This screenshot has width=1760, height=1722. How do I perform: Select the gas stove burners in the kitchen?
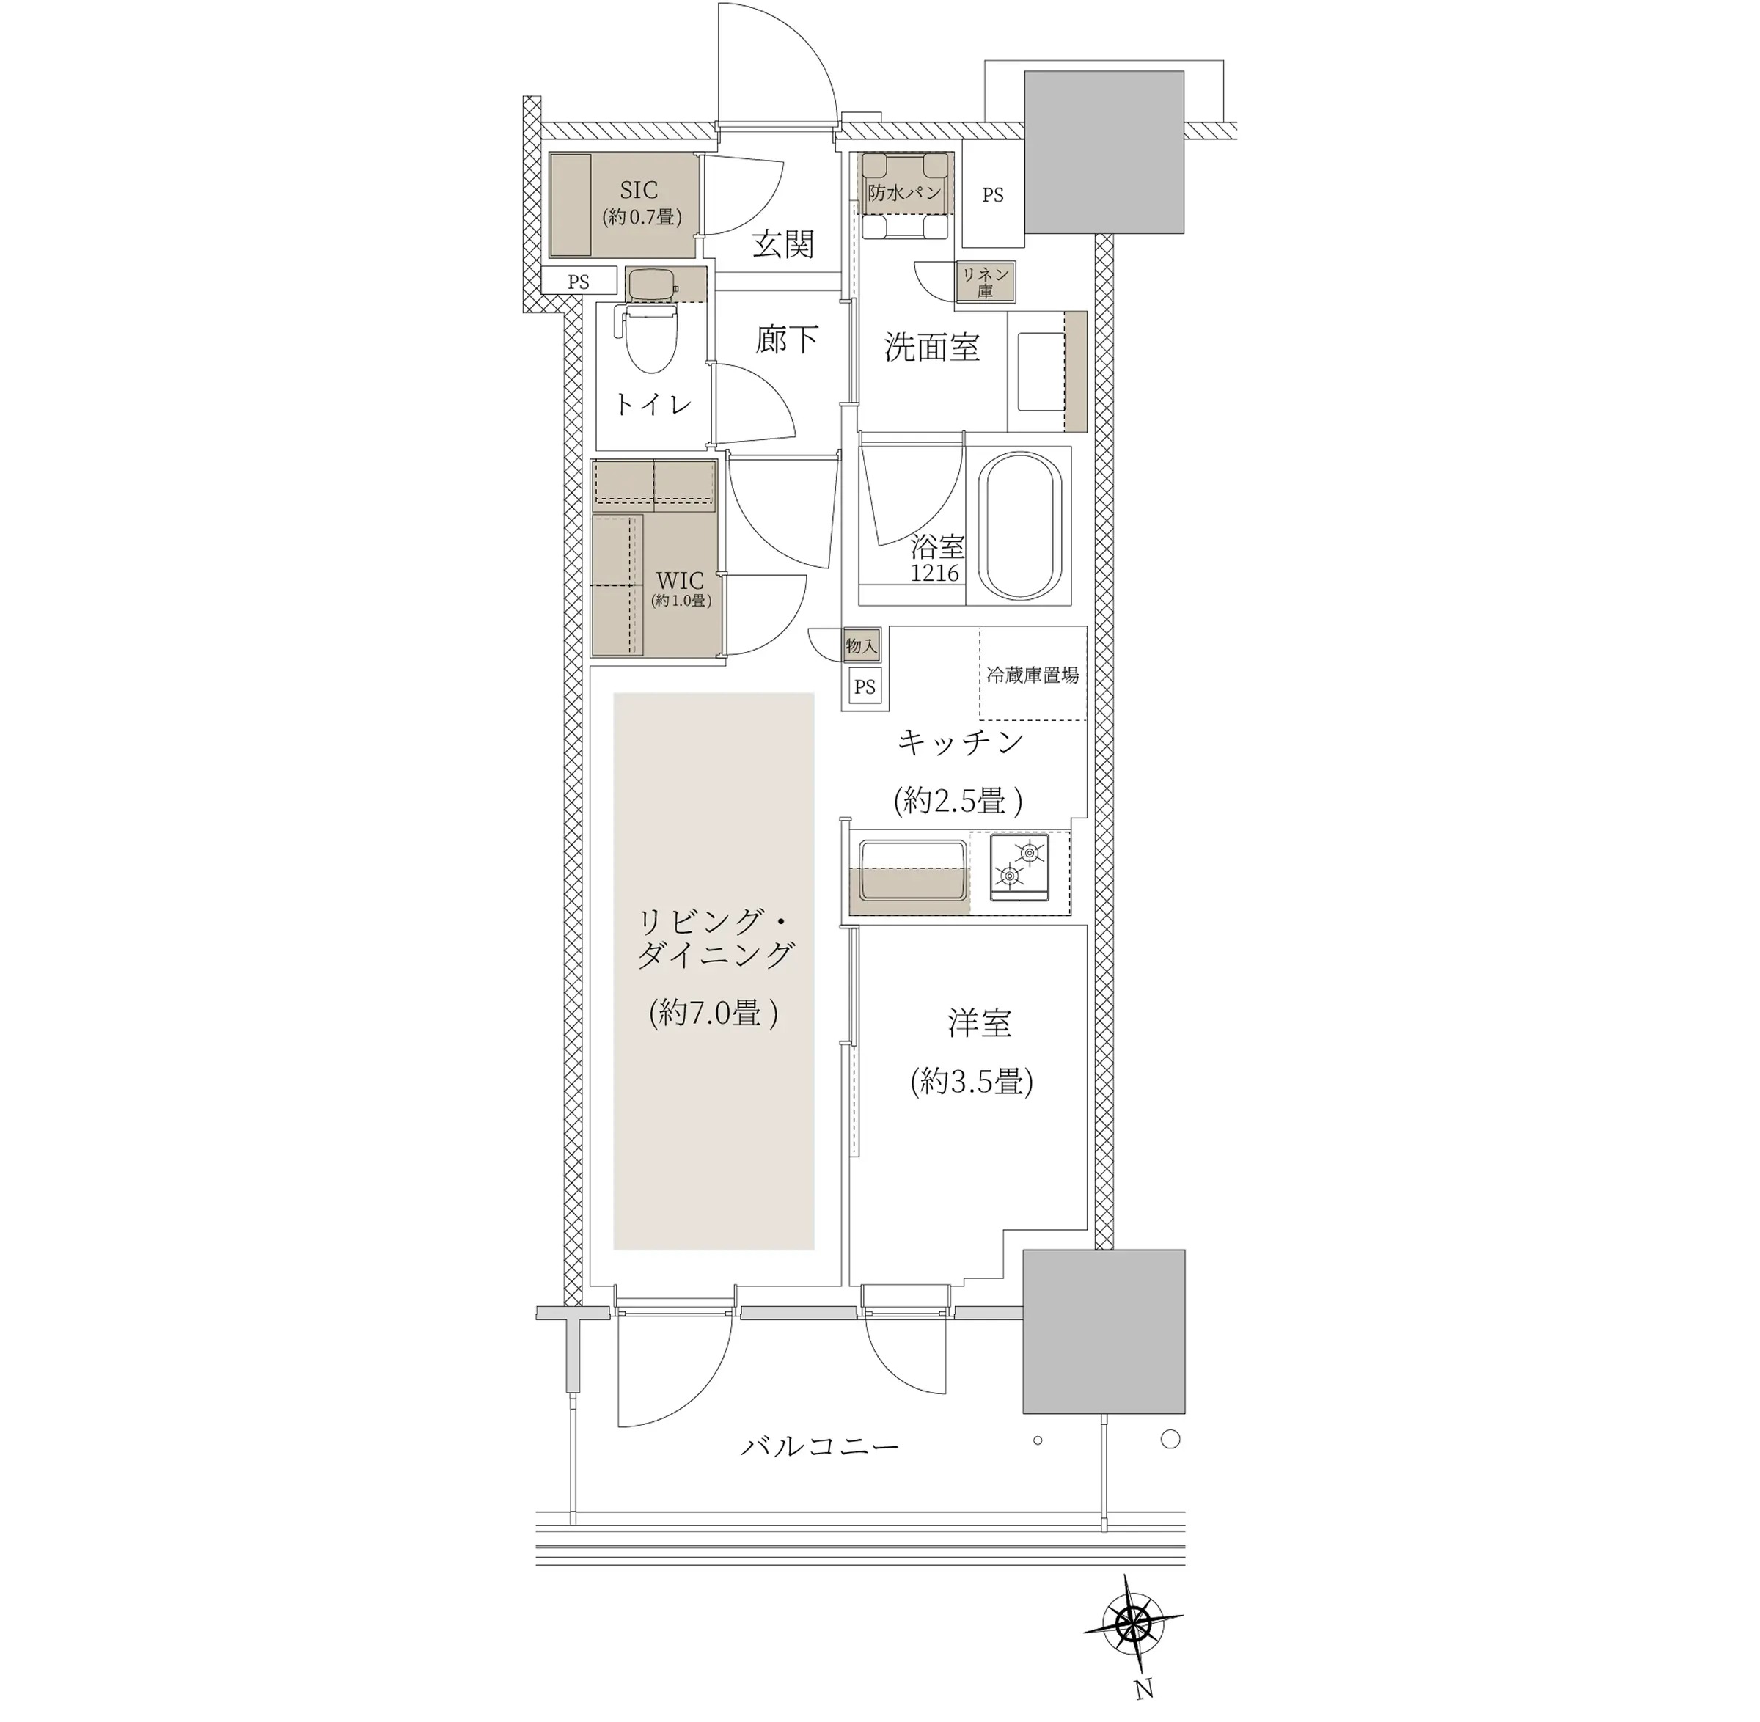tap(1019, 866)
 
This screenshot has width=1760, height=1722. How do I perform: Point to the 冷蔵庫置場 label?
tap(1032, 675)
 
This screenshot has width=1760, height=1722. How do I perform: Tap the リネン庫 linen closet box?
tap(985, 282)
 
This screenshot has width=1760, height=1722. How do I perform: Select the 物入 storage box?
tap(861, 645)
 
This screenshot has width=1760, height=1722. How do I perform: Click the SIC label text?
tap(639, 190)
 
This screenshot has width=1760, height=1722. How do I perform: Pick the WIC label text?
tap(679, 579)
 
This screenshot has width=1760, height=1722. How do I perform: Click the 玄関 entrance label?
tap(783, 243)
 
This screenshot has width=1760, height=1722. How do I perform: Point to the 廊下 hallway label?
tap(787, 338)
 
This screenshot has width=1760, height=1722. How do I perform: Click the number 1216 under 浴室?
tap(935, 573)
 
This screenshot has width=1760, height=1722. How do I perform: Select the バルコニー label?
tap(821, 1446)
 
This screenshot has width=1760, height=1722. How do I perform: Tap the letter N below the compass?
tap(1144, 1688)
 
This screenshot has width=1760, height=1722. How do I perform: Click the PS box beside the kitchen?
tap(865, 686)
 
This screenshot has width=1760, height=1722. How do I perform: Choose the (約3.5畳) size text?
tap(972, 1082)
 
